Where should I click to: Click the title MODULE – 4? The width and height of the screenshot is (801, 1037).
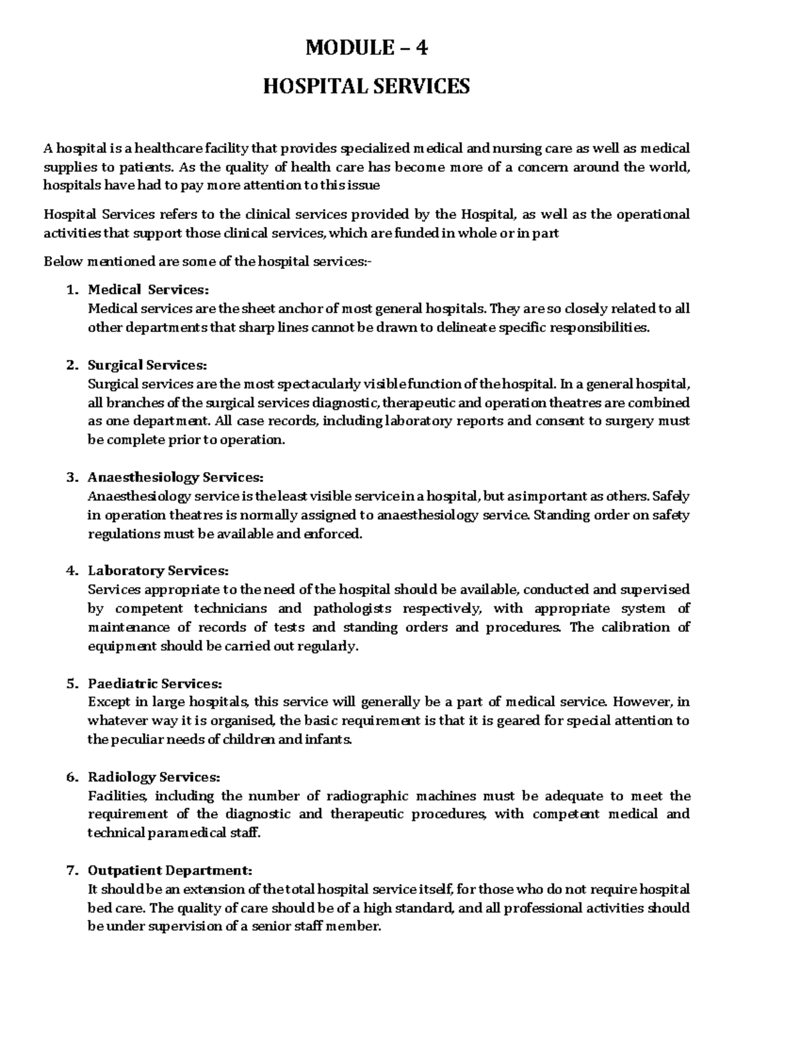[366, 48]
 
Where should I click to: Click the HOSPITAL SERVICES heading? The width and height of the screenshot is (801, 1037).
[366, 86]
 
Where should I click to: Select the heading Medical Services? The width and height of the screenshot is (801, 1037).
[148, 290]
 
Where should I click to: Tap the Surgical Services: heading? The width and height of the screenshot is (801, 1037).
[148, 365]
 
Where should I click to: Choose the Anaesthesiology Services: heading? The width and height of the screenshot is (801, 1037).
[176, 477]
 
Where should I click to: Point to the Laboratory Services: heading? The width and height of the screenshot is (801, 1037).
[158, 571]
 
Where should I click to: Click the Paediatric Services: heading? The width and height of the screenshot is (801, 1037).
[154, 684]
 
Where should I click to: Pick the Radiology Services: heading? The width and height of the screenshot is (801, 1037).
[153, 777]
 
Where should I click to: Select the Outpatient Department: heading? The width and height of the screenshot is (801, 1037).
[170, 871]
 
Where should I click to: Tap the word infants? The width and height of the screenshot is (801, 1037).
[326, 740]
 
